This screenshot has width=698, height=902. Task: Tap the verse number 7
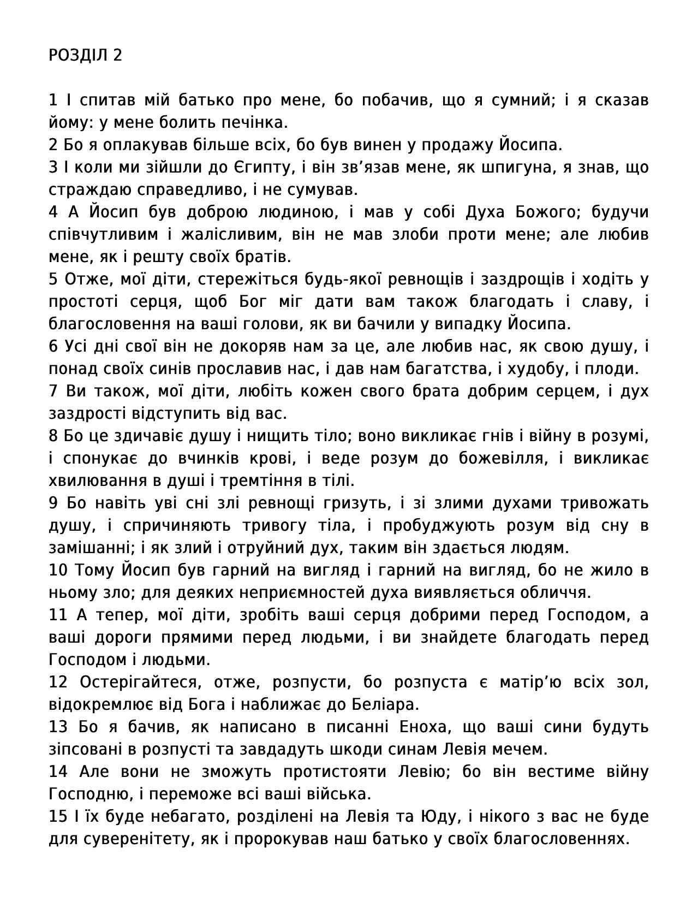53,391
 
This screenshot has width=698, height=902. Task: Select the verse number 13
58,727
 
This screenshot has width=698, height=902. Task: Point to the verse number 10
58,570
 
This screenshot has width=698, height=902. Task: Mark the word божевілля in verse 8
502,458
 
